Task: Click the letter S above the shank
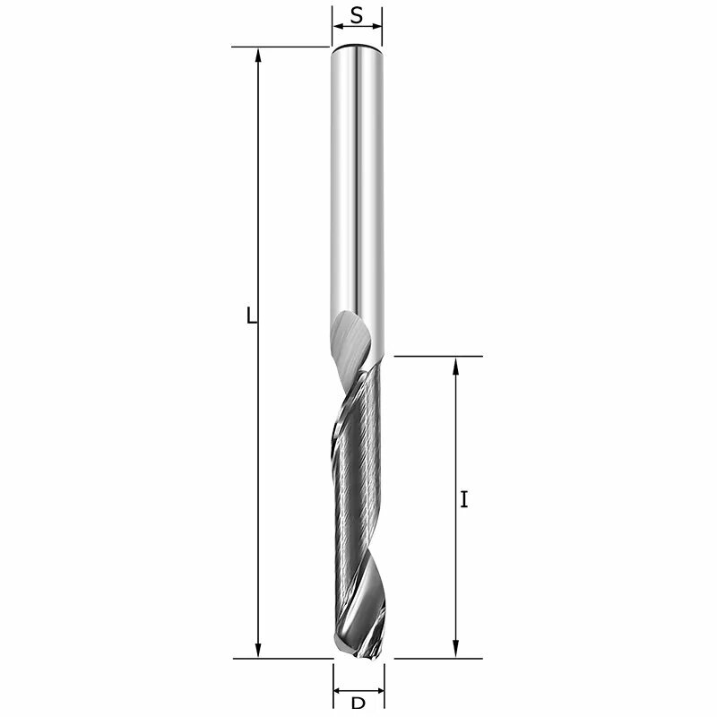357,15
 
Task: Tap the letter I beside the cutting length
463,500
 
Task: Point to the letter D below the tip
358,705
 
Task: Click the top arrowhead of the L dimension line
259,54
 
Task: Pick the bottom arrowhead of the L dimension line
259,651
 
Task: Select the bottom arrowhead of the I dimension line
456,651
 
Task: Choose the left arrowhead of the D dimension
339,691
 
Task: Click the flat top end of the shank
357,46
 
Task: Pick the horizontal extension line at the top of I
438,356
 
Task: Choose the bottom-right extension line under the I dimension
438,658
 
